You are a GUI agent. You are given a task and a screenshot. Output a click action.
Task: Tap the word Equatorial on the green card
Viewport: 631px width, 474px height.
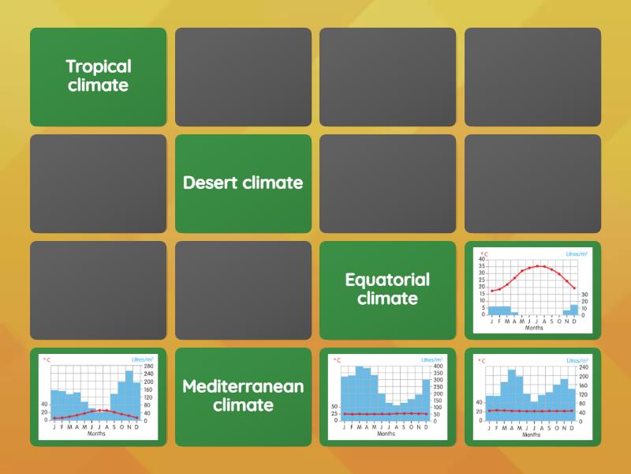pos(387,280)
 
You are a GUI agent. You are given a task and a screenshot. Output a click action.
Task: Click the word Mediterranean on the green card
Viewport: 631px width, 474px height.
pos(243,386)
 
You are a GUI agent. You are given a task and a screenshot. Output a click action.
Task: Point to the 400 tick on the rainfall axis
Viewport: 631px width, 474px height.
pos(439,366)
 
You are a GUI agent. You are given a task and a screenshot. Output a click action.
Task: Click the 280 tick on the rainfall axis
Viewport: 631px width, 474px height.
pos(148,366)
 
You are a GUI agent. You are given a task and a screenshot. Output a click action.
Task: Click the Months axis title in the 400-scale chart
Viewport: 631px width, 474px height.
pos(386,434)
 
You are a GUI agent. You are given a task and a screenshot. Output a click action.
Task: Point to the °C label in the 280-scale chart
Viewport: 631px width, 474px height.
pos(47,359)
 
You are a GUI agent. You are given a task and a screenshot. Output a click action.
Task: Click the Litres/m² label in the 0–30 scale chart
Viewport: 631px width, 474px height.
pos(577,254)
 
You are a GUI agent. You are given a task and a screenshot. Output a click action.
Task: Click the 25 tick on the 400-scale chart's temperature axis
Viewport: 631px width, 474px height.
pos(334,413)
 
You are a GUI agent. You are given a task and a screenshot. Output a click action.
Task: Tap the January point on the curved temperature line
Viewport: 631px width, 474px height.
pos(492,291)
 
